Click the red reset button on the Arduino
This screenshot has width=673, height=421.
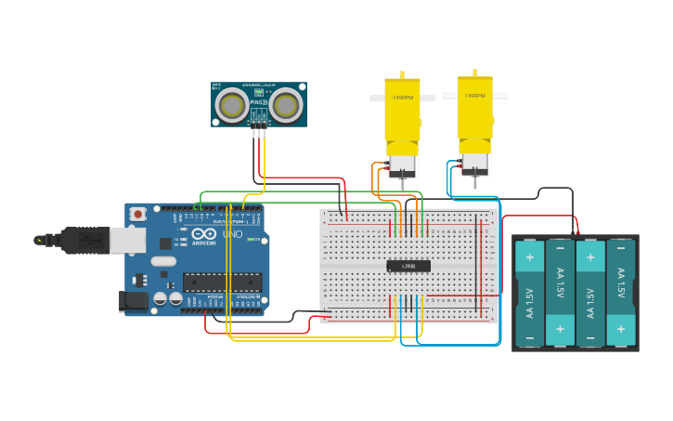(138, 214)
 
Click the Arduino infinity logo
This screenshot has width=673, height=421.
(204, 233)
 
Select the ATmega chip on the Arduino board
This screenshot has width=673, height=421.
(222, 282)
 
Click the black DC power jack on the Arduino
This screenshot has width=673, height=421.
(133, 300)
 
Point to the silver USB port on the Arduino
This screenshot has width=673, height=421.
(127, 241)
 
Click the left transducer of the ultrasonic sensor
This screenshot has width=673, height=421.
(231, 106)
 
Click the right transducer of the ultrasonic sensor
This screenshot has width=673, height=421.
(287, 106)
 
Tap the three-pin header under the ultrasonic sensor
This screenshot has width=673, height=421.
(259, 118)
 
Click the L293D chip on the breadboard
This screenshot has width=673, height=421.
(408, 266)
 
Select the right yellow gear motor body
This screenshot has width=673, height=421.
(474, 107)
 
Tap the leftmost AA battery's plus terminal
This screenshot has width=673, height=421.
(529, 257)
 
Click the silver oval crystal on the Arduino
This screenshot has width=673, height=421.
(162, 261)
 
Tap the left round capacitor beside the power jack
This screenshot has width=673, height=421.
(161, 298)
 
